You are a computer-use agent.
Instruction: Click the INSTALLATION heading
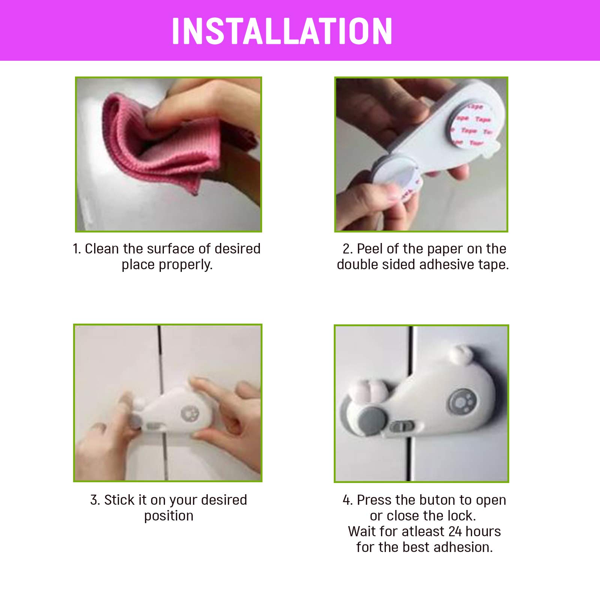(282, 31)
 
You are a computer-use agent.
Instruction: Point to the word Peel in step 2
(370, 249)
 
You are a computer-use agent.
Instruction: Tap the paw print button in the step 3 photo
(189, 414)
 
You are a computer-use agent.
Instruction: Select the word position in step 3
(169, 516)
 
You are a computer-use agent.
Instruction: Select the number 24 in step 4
(455, 531)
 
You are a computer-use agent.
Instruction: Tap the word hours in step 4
(483, 531)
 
